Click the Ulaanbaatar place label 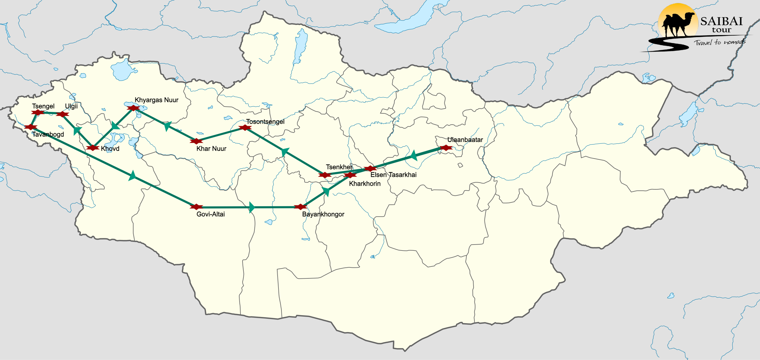pyautogui.click(x=465, y=140)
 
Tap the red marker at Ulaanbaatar pyautogui.click(x=446, y=148)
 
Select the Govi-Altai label pyautogui.click(x=210, y=214)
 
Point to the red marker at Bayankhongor pyautogui.click(x=300, y=207)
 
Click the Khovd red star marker pyautogui.click(x=93, y=148)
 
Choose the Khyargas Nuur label pyautogui.click(x=156, y=100)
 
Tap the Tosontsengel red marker pyautogui.click(x=245, y=128)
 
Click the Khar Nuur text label pyautogui.click(x=211, y=149)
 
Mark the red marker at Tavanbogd pyautogui.click(x=31, y=127)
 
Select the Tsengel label pyautogui.click(x=43, y=106)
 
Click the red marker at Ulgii pyautogui.click(x=62, y=114)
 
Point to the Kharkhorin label pyautogui.click(x=365, y=184)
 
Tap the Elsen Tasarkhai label pyautogui.click(x=393, y=175)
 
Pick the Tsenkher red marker pyautogui.click(x=325, y=175)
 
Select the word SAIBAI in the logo pyautogui.click(x=721, y=21)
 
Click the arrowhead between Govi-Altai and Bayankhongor pyautogui.click(x=252, y=207)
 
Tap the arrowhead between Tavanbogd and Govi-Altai pyautogui.click(x=132, y=176)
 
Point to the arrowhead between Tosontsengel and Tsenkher pyautogui.click(x=285, y=152)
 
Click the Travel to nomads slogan pyautogui.click(x=720, y=42)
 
